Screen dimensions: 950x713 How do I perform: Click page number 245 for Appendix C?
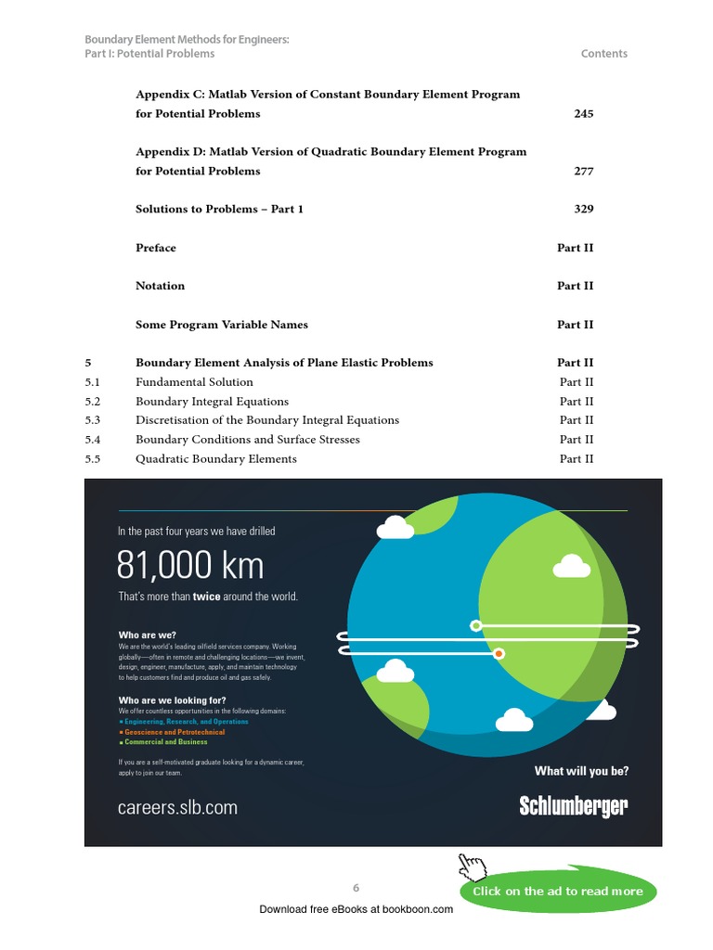(583, 114)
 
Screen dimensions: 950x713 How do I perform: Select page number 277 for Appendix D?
(583, 172)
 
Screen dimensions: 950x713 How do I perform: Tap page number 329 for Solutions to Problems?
(583, 210)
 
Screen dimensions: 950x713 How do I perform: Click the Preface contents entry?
(156, 249)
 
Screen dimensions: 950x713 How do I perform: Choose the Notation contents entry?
(160, 287)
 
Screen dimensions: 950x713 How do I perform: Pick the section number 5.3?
(92, 420)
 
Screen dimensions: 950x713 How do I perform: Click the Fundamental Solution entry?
(194, 382)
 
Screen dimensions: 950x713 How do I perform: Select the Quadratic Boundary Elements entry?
(216, 459)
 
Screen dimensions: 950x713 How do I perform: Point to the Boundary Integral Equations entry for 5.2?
(212, 402)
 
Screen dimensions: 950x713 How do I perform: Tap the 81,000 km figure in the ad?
(190, 565)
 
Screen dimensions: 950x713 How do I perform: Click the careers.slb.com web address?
(177, 808)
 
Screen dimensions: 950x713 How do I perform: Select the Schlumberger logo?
(573, 806)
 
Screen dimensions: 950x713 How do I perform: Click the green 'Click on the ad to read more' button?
(557, 892)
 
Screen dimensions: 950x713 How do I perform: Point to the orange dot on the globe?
(499, 654)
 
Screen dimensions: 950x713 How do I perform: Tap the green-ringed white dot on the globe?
(476, 625)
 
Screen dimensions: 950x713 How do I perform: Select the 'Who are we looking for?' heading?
(172, 700)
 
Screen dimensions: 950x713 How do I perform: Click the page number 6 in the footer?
(356, 889)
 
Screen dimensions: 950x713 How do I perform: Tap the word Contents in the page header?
(603, 54)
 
